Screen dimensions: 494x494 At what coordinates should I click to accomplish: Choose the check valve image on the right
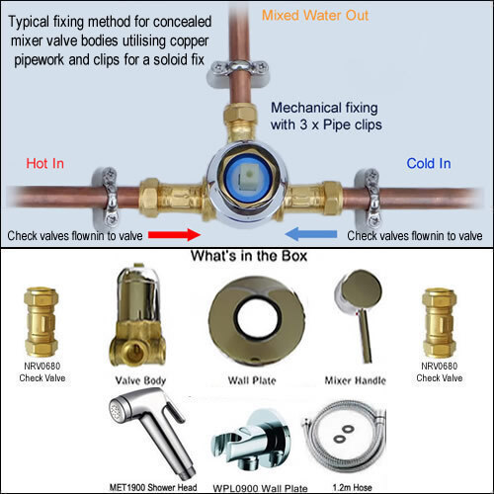coord(440,316)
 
